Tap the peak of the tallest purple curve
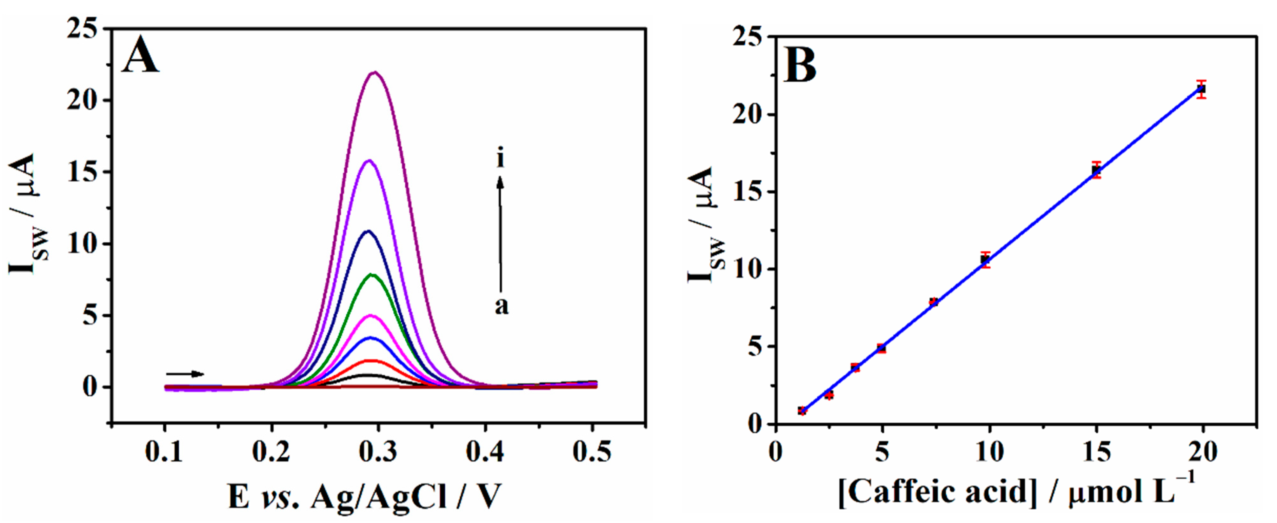pyautogui.click(x=375, y=72)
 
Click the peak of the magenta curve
pyautogui.click(x=370, y=315)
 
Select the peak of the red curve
pyautogui.click(x=369, y=360)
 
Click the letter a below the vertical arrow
pyautogui.click(x=501, y=306)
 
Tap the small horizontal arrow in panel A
pyautogui.click(x=184, y=374)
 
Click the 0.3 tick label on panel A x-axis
pyautogui.click(x=378, y=452)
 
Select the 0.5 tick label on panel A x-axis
pyautogui.click(x=592, y=452)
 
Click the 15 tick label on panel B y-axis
pyautogui.click(x=748, y=192)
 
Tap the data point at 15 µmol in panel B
pyautogui.click(x=1096, y=170)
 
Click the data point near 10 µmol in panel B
pyautogui.click(x=985, y=259)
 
